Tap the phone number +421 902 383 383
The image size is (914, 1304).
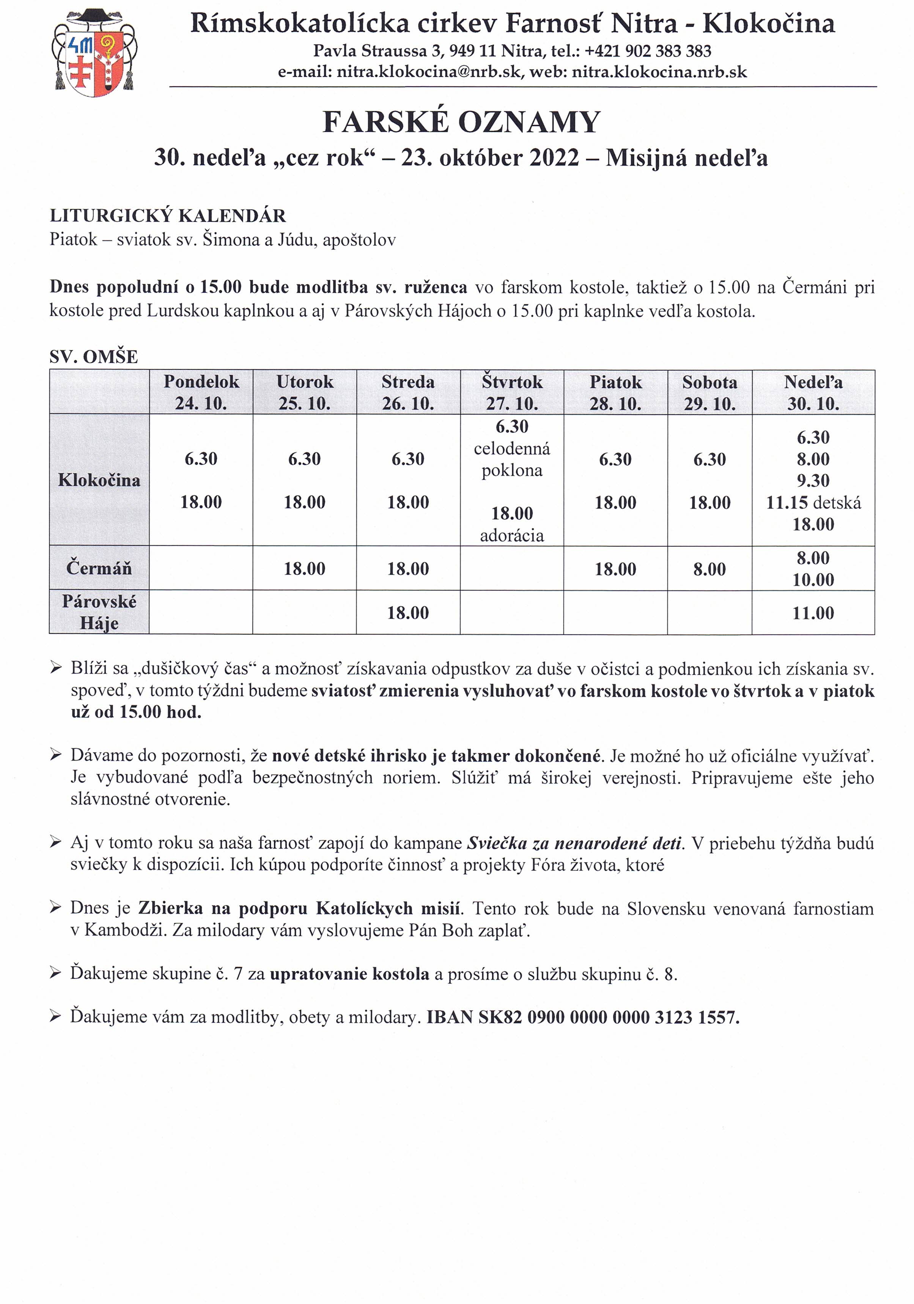click(648, 51)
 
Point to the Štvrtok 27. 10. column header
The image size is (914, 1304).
click(512, 392)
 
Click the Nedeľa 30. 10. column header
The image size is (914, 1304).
click(813, 392)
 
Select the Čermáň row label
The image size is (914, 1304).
click(99, 568)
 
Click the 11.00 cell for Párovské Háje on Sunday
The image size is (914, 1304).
click(813, 613)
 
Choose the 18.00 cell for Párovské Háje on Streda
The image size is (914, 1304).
click(408, 612)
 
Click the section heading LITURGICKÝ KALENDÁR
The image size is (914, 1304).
click(168, 216)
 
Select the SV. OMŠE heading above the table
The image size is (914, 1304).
click(94, 357)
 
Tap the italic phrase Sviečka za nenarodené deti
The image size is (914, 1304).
click(574, 843)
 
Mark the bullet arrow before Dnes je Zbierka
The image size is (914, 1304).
click(56, 908)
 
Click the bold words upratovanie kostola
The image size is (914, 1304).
click(349, 974)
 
